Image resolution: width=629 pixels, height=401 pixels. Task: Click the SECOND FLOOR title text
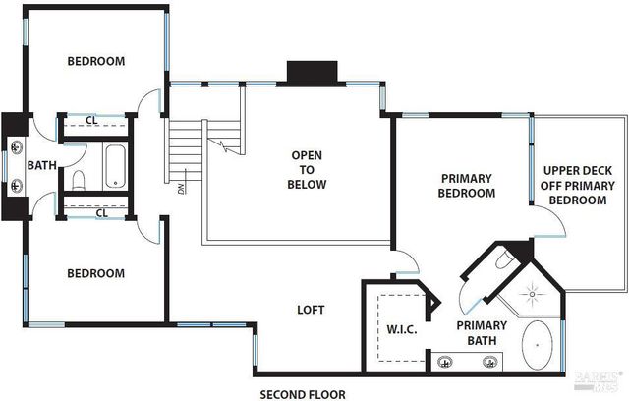(x=302, y=394)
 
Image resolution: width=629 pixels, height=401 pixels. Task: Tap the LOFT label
(x=311, y=310)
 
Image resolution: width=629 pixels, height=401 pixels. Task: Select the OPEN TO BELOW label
(x=307, y=169)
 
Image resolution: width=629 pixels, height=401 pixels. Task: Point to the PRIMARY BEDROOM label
(x=466, y=186)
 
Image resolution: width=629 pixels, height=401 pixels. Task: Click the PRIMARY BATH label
(x=481, y=332)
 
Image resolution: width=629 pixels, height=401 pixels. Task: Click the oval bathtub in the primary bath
(x=538, y=346)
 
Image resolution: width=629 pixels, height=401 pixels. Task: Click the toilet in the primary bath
(x=501, y=258)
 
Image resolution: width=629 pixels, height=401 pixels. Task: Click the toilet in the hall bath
(x=79, y=180)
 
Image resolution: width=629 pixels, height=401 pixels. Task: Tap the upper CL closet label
(x=90, y=121)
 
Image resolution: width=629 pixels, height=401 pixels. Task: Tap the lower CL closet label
(x=101, y=212)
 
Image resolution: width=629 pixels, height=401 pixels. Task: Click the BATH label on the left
(x=41, y=165)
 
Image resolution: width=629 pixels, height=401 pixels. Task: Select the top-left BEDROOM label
(x=95, y=61)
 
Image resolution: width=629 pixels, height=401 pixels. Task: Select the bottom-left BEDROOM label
(x=95, y=273)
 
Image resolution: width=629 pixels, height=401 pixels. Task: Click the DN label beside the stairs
(x=181, y=187)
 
